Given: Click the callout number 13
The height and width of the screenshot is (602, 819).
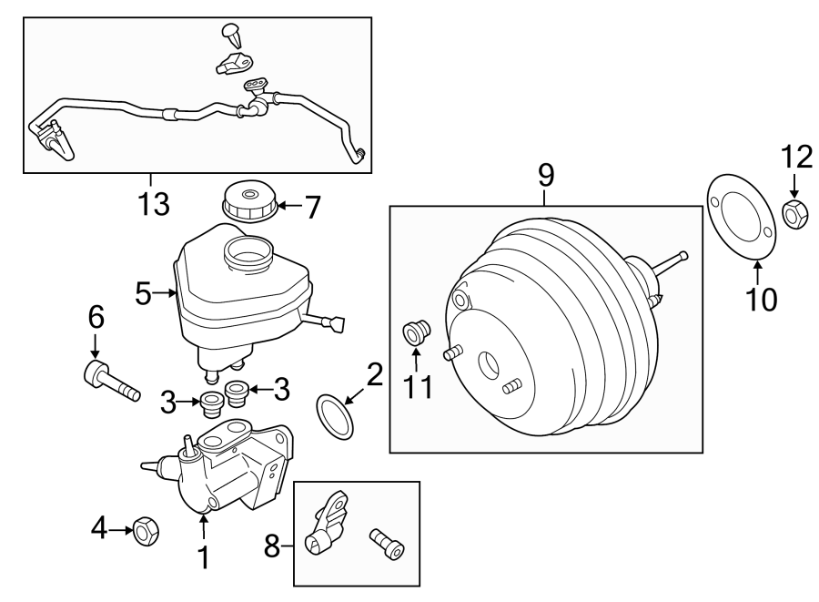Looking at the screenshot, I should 154,203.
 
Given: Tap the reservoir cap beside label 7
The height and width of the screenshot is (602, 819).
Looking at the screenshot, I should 248,201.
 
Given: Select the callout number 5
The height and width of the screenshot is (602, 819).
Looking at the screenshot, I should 142,293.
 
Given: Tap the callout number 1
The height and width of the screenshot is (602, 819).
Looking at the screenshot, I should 203,556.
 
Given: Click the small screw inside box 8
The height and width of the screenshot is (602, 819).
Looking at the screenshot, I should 386,545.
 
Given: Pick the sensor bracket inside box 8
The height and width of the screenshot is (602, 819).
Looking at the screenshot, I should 330,524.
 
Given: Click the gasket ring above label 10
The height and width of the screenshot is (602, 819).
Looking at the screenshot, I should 743,219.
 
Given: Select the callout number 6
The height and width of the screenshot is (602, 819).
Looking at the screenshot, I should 96,318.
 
